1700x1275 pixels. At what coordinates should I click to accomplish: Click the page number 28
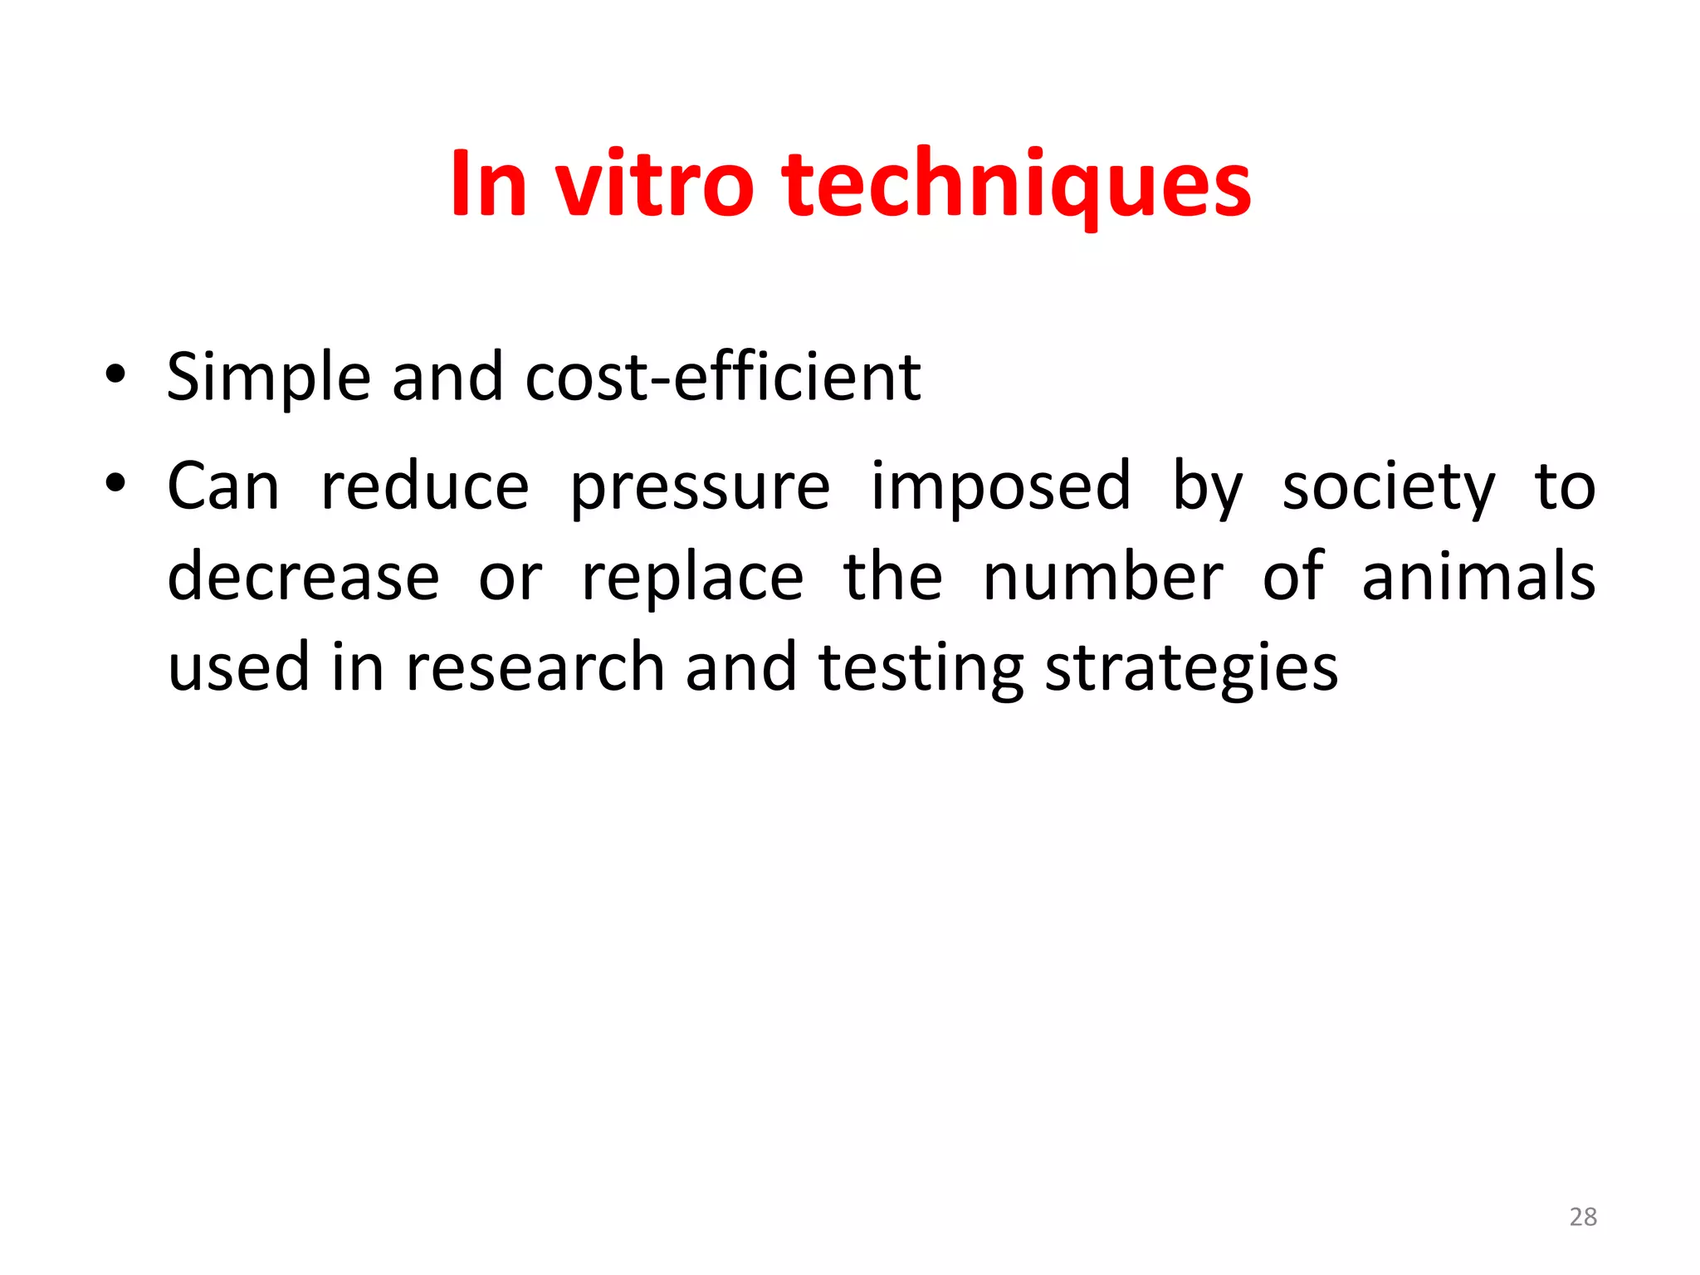coord(1583,1217)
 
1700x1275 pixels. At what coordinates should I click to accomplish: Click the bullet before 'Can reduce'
coord(115,482)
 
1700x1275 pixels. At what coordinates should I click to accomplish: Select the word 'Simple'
coord(268,378)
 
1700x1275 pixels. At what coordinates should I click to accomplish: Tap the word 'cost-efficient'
coord(722,378)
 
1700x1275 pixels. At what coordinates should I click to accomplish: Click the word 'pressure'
coord(700,488)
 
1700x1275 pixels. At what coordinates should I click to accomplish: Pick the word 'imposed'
coord(1000,488)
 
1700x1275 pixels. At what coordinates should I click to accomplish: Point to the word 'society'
coord(1388,488)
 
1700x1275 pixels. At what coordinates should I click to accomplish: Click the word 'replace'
coord(692,579)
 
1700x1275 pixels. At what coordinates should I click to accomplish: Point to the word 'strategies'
coord(1191,669)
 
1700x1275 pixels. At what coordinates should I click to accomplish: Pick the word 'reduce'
coord(424,486)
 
